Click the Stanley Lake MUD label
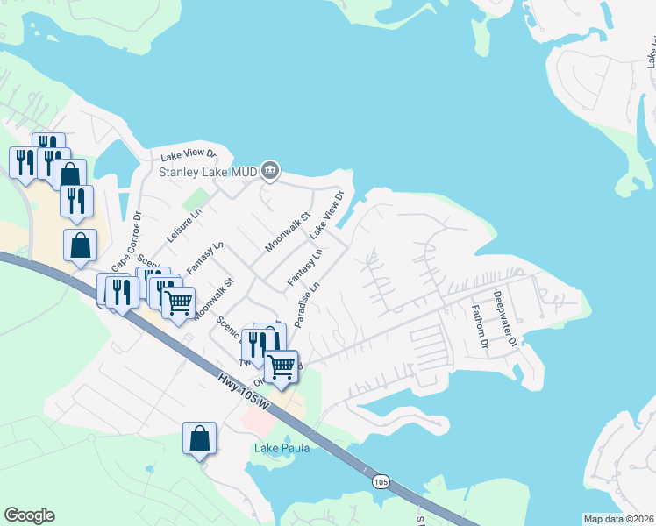point(208,171)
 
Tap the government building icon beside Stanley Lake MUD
point(270,170)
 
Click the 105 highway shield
point(380,482)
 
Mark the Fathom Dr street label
point(479,326)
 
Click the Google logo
point(29,515)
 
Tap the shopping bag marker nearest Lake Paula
point(199,437)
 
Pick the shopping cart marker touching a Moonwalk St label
point(179,303)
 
